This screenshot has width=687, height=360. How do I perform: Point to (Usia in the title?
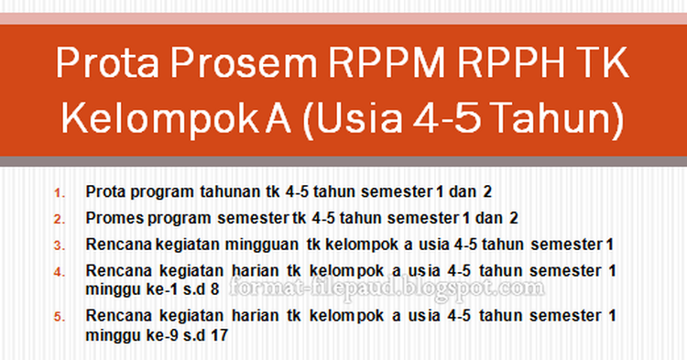(x=352, y=119)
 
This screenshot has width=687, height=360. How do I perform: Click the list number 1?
(x=60, y=193)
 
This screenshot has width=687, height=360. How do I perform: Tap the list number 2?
(x=60, y=219)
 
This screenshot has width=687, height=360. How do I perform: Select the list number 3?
(x=60, y=245)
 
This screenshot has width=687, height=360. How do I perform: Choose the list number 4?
(x=60, y=271)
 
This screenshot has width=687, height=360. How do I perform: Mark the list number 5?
(x=60, y=317)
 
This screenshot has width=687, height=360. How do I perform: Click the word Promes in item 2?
(x=112, y=218)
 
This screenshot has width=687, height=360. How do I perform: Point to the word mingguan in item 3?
(x=266, y=244)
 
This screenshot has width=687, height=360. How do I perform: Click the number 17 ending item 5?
(x=219, y=334)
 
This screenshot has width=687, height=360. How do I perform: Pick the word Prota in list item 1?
(x=104, y=192)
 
